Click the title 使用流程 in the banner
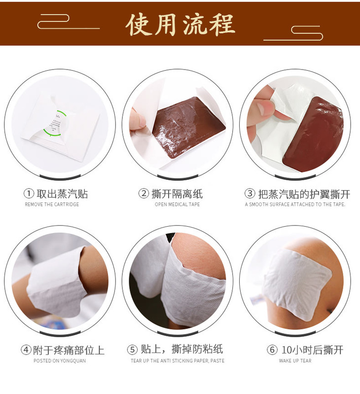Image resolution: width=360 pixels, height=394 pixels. [x=180, y=24]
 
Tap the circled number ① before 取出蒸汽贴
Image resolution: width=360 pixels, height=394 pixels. [x=29, y=194]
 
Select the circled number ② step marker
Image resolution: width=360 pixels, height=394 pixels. [x=144, y=194]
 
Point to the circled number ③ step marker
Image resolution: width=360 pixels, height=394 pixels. [x=250, y=194]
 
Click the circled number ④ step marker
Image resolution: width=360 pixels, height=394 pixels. [x=26, y=350]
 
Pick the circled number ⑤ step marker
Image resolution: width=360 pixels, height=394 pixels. [x=132, y=350]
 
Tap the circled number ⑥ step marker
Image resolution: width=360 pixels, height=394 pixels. [x=272, y=350]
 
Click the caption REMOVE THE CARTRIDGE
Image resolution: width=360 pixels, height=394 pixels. [x=52, y=204]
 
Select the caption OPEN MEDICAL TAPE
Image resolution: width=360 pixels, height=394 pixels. [x=177, y=204]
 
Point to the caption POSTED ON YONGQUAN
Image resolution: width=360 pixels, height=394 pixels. [x=60, y=361]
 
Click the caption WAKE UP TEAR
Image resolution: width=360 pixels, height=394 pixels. [x=295, y=361]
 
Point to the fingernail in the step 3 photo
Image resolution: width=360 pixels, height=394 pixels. [x=264, y=109]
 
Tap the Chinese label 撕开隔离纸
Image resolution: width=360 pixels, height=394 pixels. [x=177, y=194]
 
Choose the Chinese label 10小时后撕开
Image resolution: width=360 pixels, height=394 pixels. [x=312, y=350]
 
